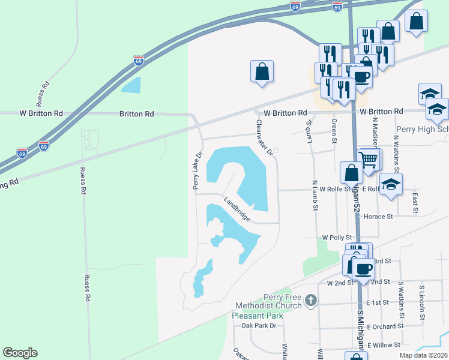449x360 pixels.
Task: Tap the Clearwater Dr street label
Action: click(x=264, y=136)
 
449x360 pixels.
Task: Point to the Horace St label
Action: click(x=378, y=216)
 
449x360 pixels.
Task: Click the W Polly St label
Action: click(x=336, y=238)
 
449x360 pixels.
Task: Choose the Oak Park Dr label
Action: click(x=258, y=326)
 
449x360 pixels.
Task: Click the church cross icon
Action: click(x=310, y=301)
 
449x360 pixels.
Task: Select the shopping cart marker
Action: click(x=368, y=160)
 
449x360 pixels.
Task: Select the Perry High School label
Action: click(x=422, y=129)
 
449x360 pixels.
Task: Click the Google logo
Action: click(x=20, y=353)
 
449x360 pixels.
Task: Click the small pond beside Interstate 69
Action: click(x=131, y=85)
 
